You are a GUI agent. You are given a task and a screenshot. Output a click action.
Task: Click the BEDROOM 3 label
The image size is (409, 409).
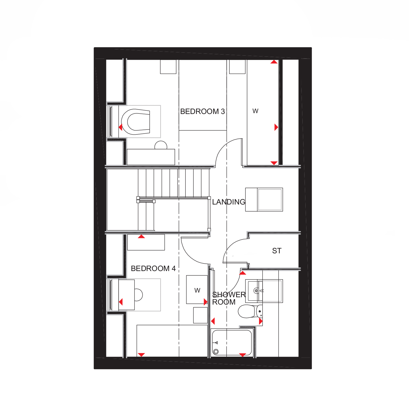[203, 111]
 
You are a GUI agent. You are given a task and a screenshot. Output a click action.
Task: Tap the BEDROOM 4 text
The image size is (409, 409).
[153, 268]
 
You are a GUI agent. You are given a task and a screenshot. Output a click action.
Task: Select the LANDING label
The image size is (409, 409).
[229, 202]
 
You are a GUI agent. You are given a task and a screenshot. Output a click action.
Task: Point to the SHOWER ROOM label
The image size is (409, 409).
[229, 298]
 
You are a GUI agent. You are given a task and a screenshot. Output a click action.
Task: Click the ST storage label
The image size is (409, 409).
[276, 251]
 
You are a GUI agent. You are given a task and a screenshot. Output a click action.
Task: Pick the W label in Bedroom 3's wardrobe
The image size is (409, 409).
[255, 111]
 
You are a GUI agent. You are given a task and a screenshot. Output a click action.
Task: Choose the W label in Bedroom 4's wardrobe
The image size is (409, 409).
[197, 290]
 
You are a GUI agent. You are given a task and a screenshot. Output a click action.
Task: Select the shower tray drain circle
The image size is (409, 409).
[216, 352]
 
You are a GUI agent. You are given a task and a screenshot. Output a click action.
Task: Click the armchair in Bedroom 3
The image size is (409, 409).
[136, 122]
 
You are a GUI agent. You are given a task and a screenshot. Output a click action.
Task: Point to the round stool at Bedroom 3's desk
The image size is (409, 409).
[161, 145]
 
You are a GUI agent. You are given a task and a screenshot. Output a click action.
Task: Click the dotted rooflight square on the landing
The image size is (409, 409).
[270, 200]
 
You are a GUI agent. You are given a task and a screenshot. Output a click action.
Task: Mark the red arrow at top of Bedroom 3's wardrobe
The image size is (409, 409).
[274, 62]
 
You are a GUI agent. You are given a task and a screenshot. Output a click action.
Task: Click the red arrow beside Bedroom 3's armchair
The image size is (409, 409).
[121, 127]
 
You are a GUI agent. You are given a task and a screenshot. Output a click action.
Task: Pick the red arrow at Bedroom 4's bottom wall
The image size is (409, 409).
[141, 355]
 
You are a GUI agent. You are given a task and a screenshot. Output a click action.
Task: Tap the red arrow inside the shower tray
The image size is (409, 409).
[243, 355]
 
